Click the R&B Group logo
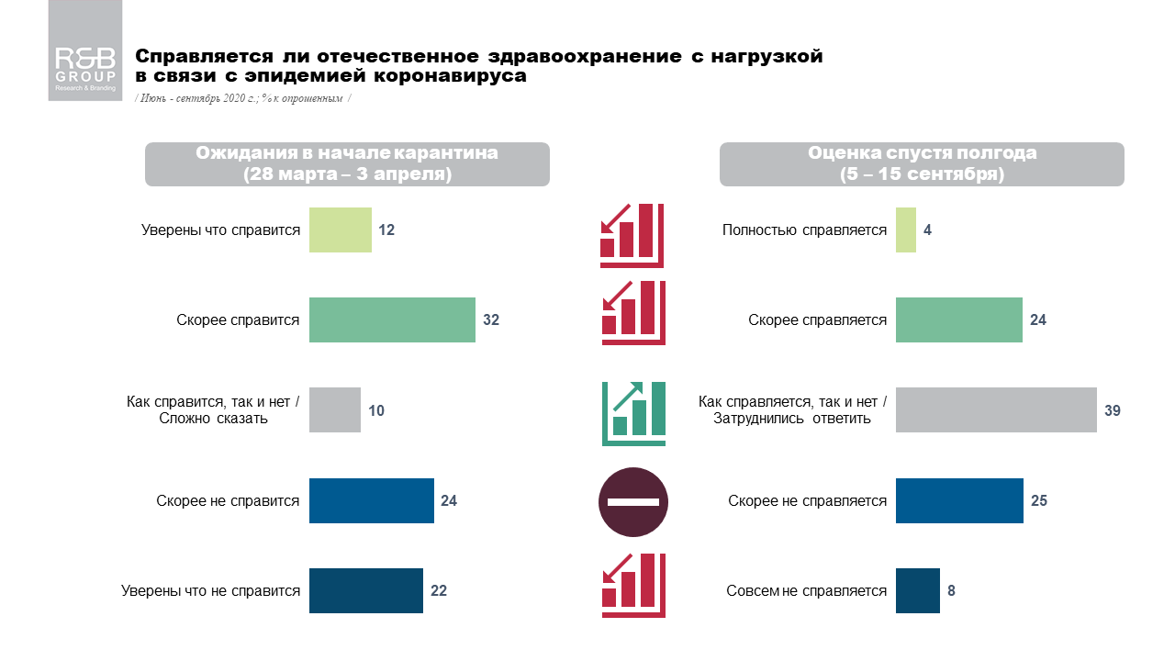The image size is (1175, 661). click(x=85, y=69)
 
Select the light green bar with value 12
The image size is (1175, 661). click(x=340, y=230)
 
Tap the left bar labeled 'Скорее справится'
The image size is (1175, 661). click(x=392, y=319)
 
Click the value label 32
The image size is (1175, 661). click(x=491, y=320)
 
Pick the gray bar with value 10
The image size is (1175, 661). click(x=334, y=410)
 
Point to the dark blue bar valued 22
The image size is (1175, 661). click(x=365, y=590)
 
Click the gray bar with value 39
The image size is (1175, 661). click(x=996, y=410)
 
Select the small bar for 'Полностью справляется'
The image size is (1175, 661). click(x=905, y=230)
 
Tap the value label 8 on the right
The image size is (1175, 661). click(x=952, y=590)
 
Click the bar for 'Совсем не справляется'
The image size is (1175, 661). click(x=917, y=590)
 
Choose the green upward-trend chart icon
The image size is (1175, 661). click(x=632, y=413)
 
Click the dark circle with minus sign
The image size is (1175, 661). click(x=632, y=502)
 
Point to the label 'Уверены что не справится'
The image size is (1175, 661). click(x=210, y=591)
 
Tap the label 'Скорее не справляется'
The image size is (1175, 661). click(x=807, y=501)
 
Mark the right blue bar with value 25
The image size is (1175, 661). click(x=959, y=500)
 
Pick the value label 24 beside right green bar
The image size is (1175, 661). click(x=1038, y=320)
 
